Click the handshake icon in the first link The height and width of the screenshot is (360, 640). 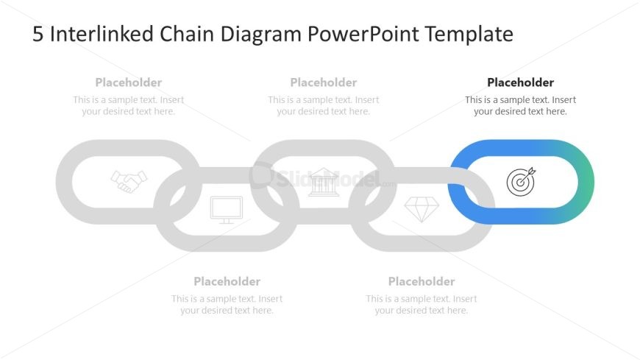[x=129, y=181]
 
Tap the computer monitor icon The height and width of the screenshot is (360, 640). [x=226, y=209]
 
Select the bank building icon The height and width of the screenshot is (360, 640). [x=324, y=182]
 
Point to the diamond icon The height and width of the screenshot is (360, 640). [x=422, y=209]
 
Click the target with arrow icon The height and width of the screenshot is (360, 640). [x=521, y=181]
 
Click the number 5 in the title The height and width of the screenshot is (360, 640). [x=38, y=35]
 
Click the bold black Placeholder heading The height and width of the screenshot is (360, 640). [x=520, y=82]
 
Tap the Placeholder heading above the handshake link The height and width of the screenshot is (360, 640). [x=129, y=82]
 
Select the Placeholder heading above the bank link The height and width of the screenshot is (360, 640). [x=324, y=82]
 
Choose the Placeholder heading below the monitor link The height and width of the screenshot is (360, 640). [x=227, y=281]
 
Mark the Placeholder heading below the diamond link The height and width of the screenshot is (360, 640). [x=422, y=281]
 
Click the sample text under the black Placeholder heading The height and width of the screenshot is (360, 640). [x=520, y=106]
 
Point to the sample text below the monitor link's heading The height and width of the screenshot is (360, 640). [x=227, y=305]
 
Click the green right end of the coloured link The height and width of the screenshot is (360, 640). [x=586, y=181]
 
